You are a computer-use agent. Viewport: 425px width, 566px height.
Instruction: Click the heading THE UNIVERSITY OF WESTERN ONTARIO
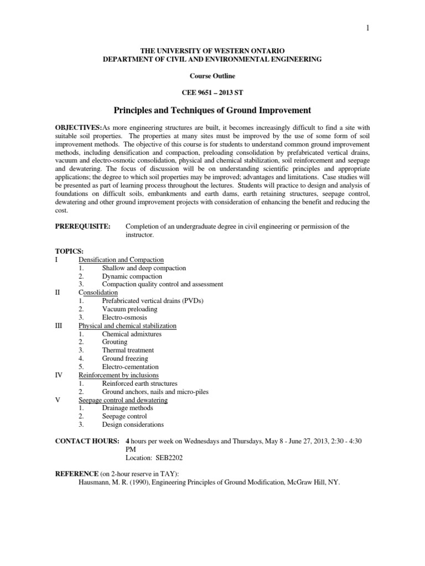[x=212, y=50]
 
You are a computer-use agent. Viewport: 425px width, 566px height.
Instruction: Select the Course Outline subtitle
[x=212, y=76]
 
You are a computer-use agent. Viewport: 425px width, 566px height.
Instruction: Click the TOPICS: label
[x=69, y=251]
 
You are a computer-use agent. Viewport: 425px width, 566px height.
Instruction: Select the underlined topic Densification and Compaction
[x=121, y=260]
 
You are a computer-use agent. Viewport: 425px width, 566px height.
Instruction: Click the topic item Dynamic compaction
[x=132, y=276]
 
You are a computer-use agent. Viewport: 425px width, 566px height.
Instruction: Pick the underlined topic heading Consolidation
[x=98, y=292]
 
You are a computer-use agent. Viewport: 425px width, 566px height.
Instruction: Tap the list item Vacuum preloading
[x=129, y=309]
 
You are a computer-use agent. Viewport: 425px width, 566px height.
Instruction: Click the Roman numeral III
[x=59, y=326]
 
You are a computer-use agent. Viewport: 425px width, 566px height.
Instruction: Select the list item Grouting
[x=115, y=342]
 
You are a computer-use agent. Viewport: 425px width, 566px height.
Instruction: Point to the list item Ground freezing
[x=125, y=359]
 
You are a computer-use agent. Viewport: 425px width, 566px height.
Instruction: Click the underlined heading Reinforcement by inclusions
[x=118, y=375]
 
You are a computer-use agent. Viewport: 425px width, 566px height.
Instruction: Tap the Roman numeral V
[x=58, y=400]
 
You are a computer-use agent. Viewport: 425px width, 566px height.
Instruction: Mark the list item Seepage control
[x=125, y=416]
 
